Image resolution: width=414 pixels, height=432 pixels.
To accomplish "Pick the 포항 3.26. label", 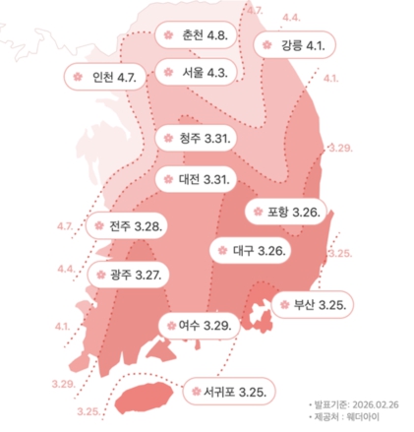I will tap(292, 212).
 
